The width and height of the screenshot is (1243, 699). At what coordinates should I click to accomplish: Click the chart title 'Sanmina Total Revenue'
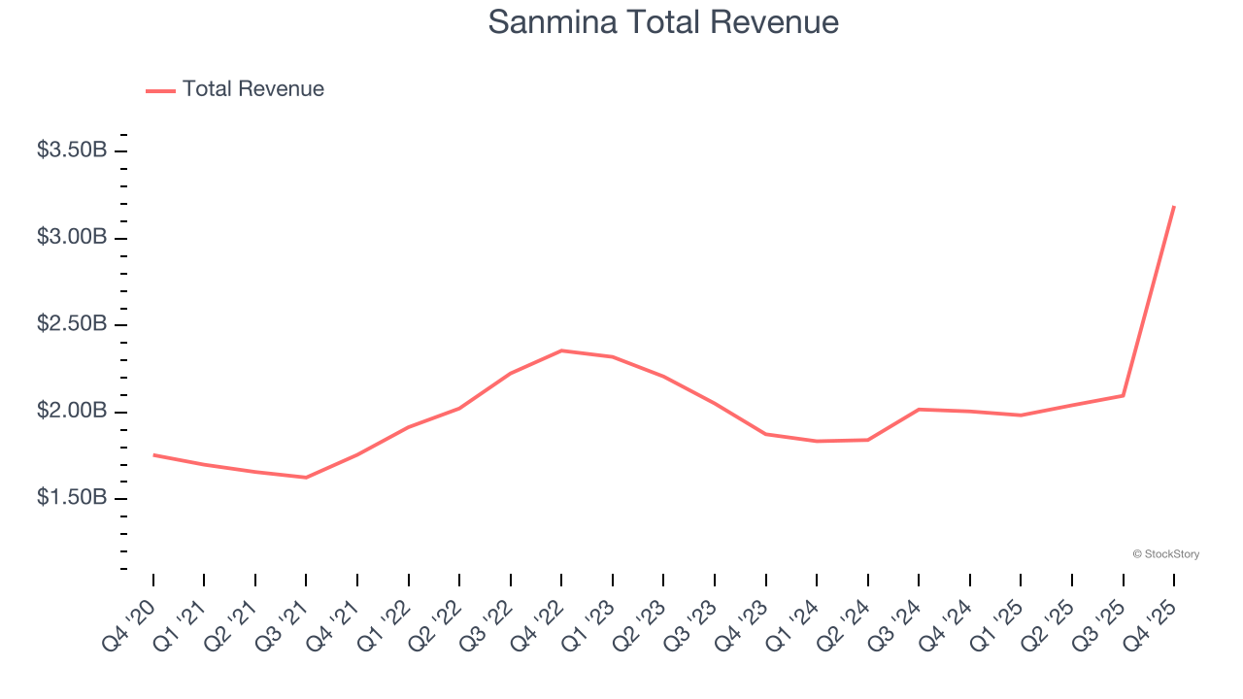click(663, 21)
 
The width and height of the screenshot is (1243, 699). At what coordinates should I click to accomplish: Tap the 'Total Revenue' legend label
click(252, 89)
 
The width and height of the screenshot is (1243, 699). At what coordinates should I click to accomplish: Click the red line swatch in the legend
click(160, 90)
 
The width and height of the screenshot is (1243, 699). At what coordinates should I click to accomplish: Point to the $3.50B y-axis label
click(72, 150)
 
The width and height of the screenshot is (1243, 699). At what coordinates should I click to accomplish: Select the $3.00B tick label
click(72, 238)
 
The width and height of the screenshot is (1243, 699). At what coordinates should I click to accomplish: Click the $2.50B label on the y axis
click(72, 324)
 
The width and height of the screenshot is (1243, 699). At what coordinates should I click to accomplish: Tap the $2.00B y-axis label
click(72, 411)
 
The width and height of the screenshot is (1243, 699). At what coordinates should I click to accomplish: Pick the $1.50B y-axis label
click(72, 498)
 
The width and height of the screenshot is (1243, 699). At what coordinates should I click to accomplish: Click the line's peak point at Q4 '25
click(1174, 206)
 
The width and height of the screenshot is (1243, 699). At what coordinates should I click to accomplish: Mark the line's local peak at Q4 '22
click(561, 350)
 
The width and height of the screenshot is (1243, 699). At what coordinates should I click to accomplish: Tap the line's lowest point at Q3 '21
click(306, 478)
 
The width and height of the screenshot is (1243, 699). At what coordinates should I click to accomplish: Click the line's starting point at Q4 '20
click(153, 454)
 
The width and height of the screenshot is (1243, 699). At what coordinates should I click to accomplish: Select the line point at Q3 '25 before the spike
click(1124, 395)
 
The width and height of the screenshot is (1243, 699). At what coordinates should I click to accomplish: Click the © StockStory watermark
click(1165, 554)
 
